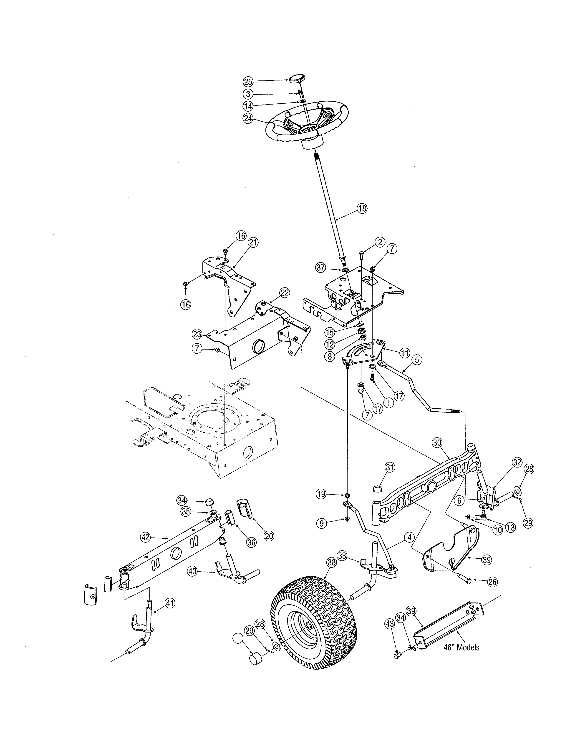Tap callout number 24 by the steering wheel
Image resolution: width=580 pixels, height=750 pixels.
[248, 118]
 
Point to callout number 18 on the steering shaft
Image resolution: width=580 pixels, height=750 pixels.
[362, 208]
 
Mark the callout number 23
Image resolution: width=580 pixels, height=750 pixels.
[197, 334]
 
